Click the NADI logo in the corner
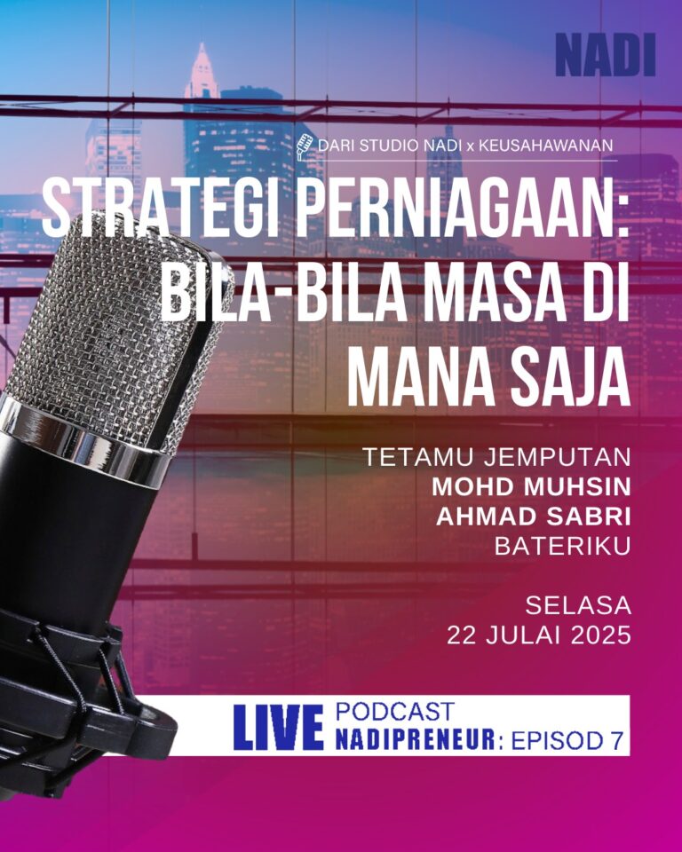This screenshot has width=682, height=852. tap(606, 55)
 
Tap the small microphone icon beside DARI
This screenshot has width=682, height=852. tap(304, 146)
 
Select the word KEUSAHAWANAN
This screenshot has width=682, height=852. tap(545, 146)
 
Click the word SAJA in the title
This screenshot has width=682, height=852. tap(562, 379)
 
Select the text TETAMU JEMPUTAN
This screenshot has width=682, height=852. tap(496, 457)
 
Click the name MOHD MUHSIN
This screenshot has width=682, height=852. tap(531, 487)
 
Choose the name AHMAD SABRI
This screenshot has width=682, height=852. tap(534, 517)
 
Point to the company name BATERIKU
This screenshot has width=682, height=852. tap(562, 547)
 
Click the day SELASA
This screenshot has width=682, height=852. tap(578, 606)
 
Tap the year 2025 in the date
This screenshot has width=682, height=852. tap(601, 635)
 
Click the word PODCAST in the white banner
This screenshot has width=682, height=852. tap(395, 712)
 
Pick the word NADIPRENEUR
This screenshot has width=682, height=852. tap(416, 739)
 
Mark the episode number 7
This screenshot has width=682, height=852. tap(616, 740)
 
